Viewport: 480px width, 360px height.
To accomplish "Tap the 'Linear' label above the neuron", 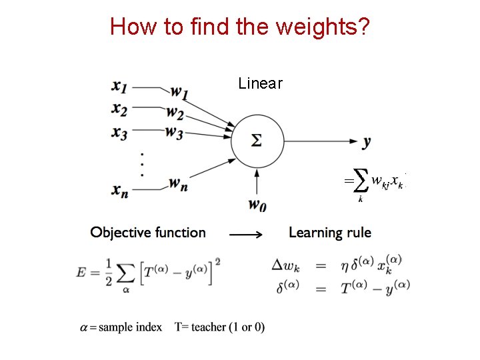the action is click(x=261, y=83).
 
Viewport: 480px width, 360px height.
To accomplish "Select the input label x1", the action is click(x=121, y=86).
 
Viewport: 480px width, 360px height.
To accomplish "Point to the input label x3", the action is click(x=120, y=131).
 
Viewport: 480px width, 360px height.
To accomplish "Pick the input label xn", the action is click(x=121, y=190).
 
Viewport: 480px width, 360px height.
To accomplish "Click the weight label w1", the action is click(x=179, y=91).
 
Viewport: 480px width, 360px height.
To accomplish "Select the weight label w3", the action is click(x=175, y=133).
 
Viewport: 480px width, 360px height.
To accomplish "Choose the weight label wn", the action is click(x=177, y=182).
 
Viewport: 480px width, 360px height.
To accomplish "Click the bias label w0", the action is click(x=257, y=205).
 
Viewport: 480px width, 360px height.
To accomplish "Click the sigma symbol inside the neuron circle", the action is click(x=257, y=141).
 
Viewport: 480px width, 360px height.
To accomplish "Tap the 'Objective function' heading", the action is click(x=148, y=233).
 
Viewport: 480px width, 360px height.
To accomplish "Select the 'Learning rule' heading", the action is click(x=330, y=233).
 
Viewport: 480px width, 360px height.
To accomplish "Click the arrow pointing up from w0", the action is click(x=257, y=181).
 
